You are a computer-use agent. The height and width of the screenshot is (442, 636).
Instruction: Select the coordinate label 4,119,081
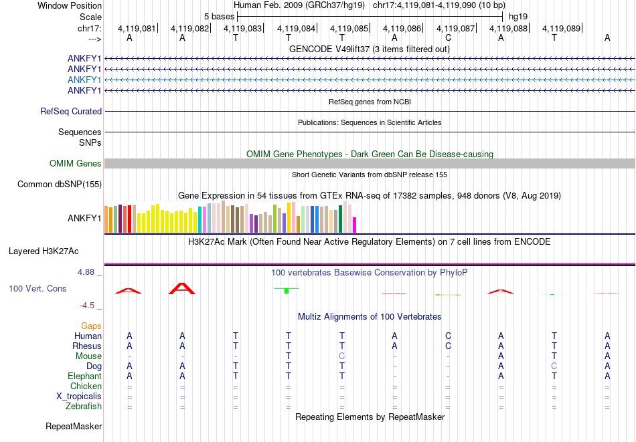136,28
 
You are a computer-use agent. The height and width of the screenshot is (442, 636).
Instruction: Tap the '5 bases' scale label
219,16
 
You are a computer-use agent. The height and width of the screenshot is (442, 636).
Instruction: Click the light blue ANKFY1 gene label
84,80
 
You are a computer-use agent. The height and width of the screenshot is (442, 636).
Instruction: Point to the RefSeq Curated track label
71,112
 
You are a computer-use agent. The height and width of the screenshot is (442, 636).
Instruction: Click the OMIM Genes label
76,164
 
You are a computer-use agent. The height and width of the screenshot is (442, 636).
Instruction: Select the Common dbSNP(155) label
60,185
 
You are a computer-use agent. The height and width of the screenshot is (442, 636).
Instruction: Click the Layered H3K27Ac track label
44,251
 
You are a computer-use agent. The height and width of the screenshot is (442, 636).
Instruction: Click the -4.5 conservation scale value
88,306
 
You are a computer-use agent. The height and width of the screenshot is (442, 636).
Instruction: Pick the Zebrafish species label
84,406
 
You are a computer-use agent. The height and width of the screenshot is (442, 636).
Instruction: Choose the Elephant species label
84,376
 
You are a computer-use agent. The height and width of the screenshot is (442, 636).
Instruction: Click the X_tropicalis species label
78,396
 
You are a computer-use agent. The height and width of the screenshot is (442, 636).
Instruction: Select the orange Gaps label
91,326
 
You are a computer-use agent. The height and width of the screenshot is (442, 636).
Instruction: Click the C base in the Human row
448,336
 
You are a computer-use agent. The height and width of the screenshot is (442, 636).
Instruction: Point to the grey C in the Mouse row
341,356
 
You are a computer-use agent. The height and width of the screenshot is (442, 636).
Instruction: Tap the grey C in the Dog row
554,366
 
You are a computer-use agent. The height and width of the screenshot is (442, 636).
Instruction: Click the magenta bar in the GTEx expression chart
355,225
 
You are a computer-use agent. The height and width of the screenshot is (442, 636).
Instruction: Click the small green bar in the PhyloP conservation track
287,291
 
